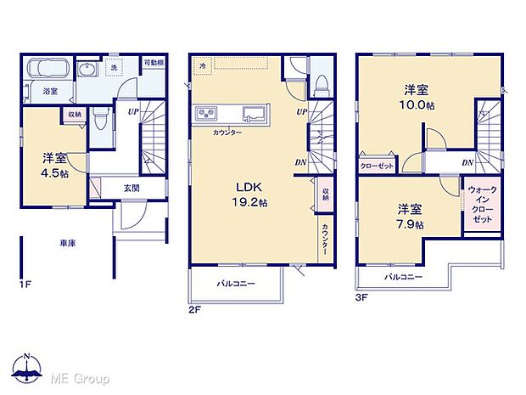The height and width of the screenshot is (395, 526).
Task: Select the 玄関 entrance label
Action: pos(131,189)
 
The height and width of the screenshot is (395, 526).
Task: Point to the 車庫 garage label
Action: pos(67,243)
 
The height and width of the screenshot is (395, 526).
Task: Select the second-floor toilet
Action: pos(321,81)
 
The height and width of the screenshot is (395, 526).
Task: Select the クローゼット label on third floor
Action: pos(377,166)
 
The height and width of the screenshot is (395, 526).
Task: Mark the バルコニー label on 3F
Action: pos(403,277)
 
